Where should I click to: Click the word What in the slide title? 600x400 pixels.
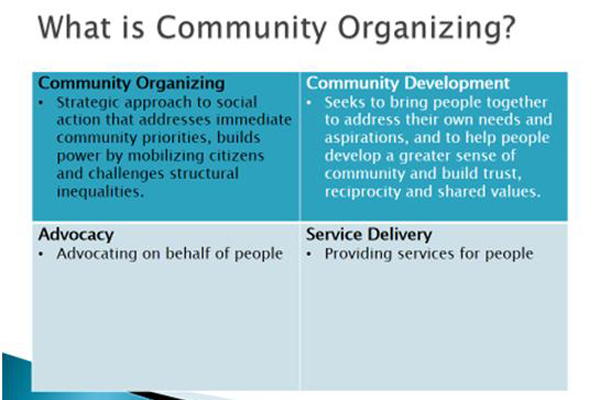click(x=74, y=27)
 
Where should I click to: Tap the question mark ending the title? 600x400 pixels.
click(x=508, y=27)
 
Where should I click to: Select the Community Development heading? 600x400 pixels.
click(x=408, y=83)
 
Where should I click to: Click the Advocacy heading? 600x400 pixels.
click(x=76, y=235)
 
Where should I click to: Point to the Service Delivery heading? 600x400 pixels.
click(x=369, y=234)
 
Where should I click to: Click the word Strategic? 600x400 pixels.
click(x=88, y=103)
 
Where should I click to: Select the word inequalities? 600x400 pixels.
click(x=100, y=191)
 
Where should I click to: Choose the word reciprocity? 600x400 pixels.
click(x=362, y=192)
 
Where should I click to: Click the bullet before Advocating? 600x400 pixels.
click(x=41, y=254)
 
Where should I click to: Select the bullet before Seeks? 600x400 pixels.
click(x=309, y=103)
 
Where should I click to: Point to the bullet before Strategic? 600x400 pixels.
click(x=41, y=103)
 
